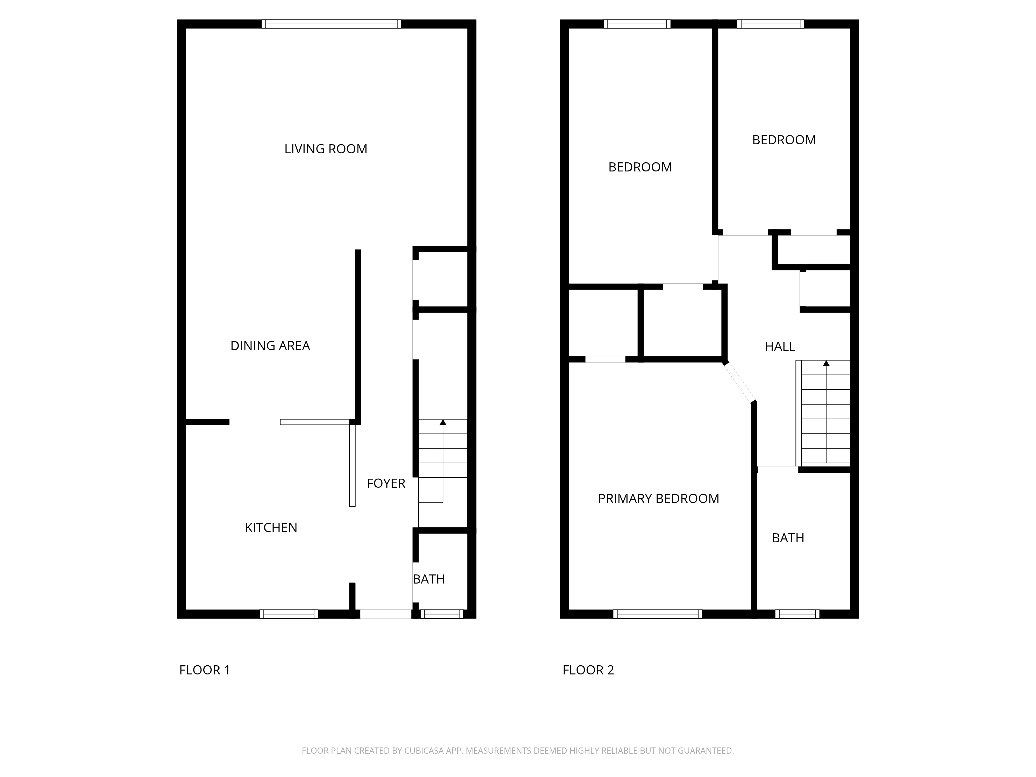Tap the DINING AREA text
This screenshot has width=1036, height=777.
(x=270, y=346)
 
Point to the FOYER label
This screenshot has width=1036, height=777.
(x=386, y=483)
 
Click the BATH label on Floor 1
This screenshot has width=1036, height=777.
(x=429, y=579)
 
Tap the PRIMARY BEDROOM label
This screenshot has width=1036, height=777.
(x=658, y=498)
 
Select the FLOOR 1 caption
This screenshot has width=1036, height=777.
(x=205, y=670)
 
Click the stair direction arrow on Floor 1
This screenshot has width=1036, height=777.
(x=443, y=422)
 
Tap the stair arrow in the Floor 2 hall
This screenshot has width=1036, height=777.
(x=826, y=363)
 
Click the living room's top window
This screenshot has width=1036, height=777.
(x=331, y=24)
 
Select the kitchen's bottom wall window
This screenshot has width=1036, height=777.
(x=289, y=614)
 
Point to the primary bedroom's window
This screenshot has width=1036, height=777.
(x=658, y=614)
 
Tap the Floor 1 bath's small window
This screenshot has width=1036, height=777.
(x=442, y=614)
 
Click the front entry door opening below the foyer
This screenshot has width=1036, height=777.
(x=385, y=614)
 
